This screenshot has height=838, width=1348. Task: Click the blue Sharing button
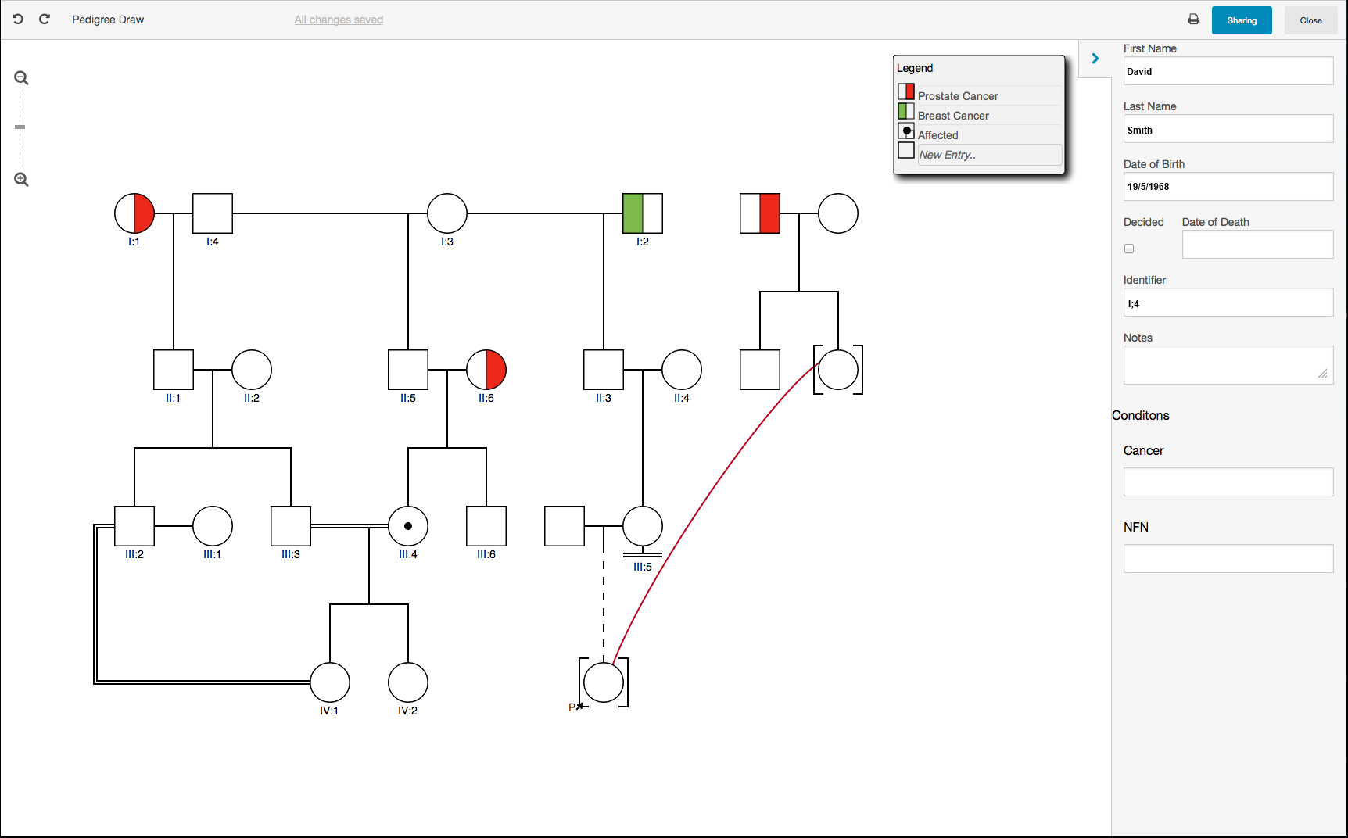point(1241,20)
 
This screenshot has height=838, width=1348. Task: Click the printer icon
point(1193,20)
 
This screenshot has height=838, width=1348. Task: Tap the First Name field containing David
point(1228,71)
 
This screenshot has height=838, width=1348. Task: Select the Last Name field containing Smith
point(1228,129)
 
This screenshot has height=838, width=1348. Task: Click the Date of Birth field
point(1228,187)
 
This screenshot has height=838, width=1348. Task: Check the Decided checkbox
point(1129,249)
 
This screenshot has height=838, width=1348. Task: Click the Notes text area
point(1228,365)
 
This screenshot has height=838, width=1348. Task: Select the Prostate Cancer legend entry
point(957,95)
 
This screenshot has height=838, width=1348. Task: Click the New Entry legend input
point(989,155)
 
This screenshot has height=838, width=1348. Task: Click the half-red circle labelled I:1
point(134,213)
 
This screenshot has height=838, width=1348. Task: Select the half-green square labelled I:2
point(643,213)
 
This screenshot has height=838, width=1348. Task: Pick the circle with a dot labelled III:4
point(408,526)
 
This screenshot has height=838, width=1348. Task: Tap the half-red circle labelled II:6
point(486,370)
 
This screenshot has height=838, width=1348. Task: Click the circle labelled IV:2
point(408,682)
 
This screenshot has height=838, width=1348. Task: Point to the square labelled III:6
point(486,526)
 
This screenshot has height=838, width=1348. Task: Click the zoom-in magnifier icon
point(21,180)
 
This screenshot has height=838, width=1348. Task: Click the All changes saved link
point(339,20)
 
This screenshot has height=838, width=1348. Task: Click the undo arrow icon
point(18,19)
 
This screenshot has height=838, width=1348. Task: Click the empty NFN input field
point(1228,558)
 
